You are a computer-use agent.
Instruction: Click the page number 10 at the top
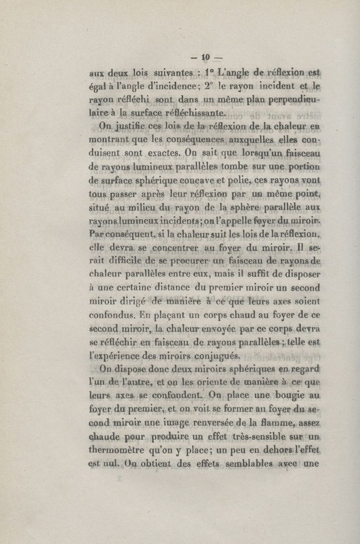(206, 57)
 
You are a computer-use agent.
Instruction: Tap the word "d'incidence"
(168, 85)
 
